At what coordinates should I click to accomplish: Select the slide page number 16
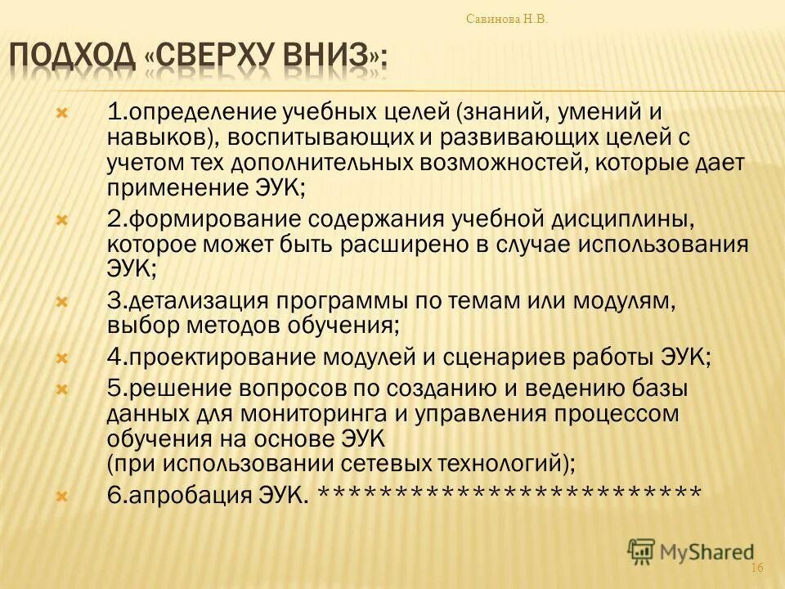756,569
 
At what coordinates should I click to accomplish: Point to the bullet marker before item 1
62,112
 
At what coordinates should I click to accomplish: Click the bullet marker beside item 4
62,358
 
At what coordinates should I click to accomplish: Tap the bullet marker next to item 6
62,495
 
